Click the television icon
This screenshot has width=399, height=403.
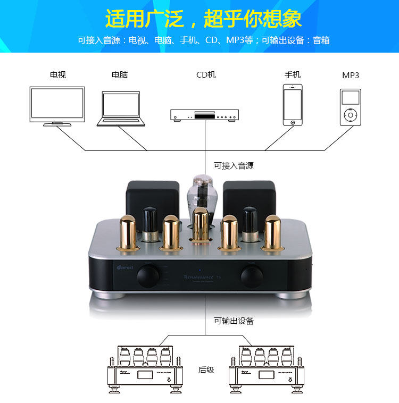[57, 105]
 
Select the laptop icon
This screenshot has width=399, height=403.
[121, 108]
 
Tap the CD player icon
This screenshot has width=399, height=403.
[204, 115]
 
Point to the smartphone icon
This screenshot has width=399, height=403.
[292, 104]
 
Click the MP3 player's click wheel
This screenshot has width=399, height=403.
[350, 115]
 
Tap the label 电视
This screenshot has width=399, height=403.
[58, 75]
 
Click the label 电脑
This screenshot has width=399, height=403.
[120, 75]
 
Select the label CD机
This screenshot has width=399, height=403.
[206, 75]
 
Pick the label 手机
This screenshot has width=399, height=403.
[292, 75]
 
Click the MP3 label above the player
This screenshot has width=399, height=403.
[350, 75]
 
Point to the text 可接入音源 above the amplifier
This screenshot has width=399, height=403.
[234, 165]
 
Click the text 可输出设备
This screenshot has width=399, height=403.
[234, 321]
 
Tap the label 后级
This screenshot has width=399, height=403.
[206, 370]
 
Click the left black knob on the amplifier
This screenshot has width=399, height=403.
[148, 276]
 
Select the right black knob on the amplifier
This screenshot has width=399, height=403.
[251, 276]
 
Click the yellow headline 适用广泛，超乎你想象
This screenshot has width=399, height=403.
[203, 19]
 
